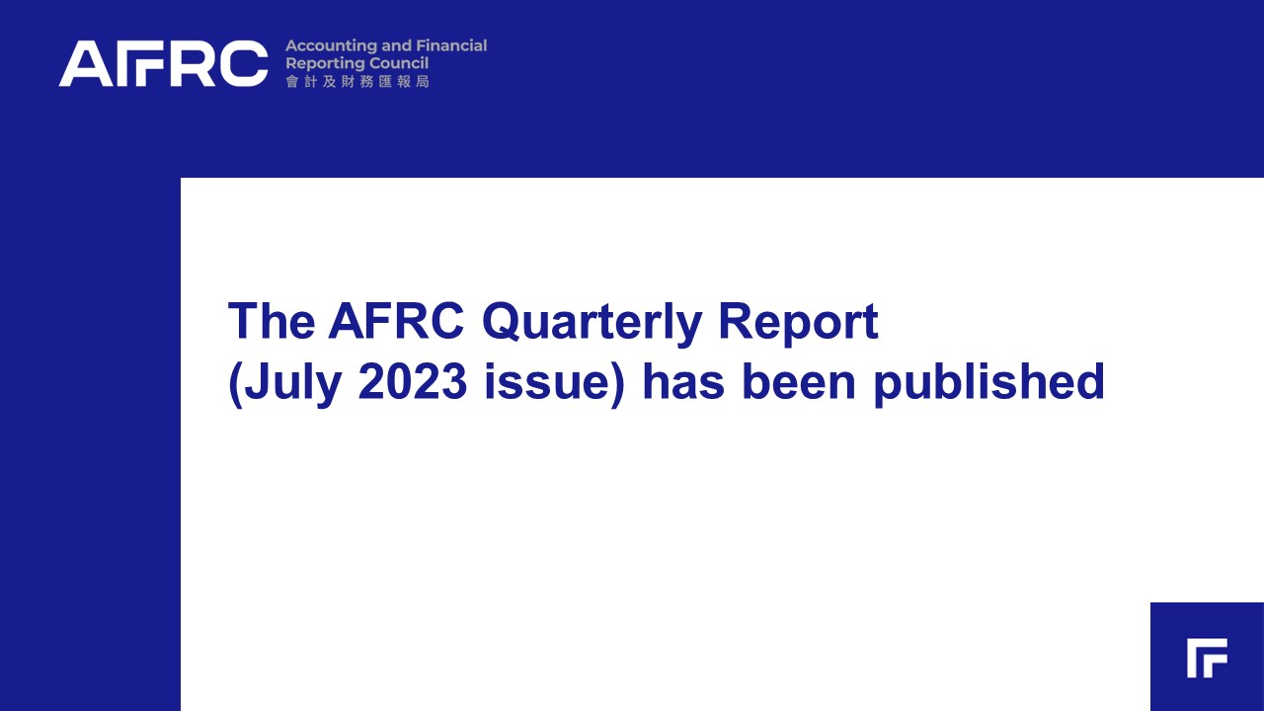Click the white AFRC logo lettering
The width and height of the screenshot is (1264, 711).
pos(164,63)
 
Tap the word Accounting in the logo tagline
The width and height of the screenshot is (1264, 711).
pos(331,46)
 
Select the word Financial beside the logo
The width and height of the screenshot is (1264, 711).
pos(451,45)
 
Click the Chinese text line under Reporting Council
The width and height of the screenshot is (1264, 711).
pos(357,82)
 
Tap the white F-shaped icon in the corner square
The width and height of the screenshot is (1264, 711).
pos(1207,658)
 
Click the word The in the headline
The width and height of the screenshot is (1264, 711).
pos(272,321)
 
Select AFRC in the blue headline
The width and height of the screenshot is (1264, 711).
pos(396,321)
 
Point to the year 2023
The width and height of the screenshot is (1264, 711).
pos(413,382)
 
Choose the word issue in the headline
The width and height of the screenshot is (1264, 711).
pos(547,382)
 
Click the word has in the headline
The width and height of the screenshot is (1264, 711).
pos(683,382)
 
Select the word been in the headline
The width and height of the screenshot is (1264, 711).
pos(799,382)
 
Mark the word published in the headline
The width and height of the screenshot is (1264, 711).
pos(988,384)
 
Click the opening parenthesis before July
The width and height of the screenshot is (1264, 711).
pos(235,385)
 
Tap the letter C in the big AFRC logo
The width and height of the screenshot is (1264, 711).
pos(244,63)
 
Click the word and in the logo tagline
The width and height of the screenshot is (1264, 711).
pos(396,45)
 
